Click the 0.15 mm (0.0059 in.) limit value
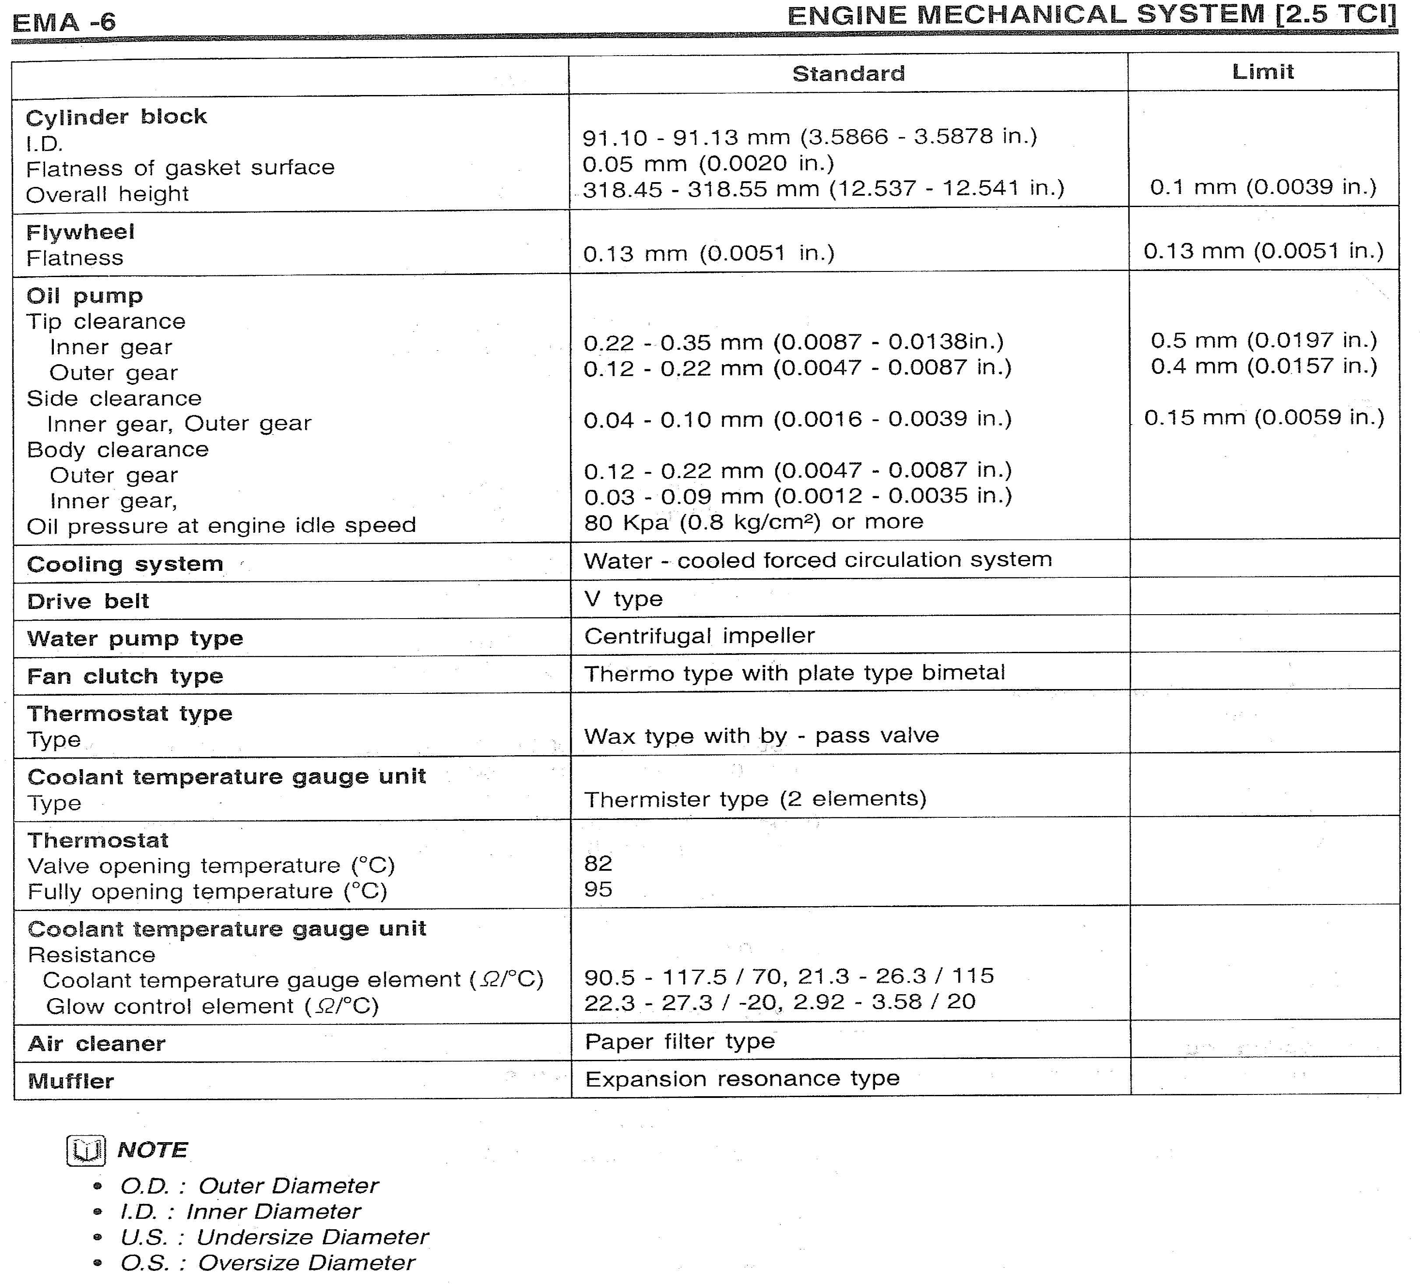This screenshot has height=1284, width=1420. pyautogui.click(x=1264, y=418)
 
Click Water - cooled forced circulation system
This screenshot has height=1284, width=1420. pyautogui.click(x=817, y=560)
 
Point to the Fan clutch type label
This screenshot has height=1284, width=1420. pyautogui.click(x=125, y=676)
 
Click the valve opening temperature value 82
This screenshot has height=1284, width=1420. pyautogui.click(x=598, y=863)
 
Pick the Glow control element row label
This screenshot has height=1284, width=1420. pyautogui.click(x=211, y=1006)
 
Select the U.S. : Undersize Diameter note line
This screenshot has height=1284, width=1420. pyautogui.click(x=273, y=1237)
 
